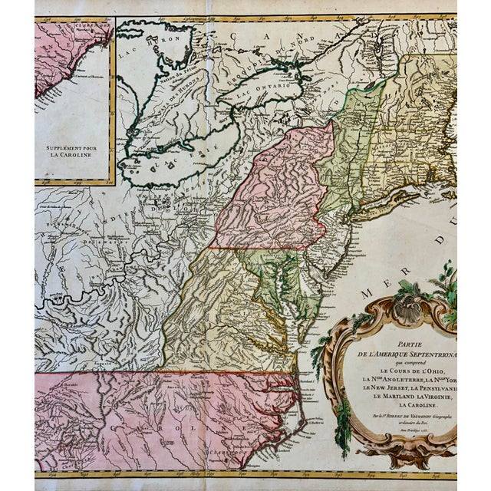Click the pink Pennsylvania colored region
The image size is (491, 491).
(276, 192)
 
